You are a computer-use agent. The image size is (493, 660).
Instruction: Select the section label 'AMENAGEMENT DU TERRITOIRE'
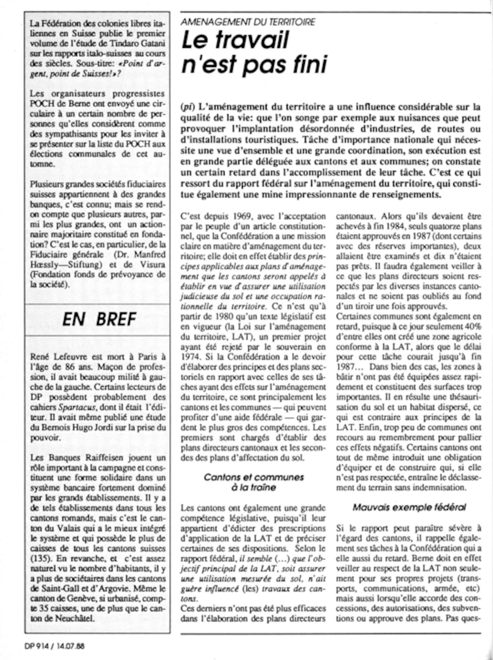[x=248, y=22]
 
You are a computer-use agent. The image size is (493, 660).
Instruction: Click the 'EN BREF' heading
[x=99, y=320]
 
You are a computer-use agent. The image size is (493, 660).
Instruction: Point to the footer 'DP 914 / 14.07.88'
[x=54, y=646]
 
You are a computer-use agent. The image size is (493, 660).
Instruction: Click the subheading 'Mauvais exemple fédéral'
[x=409, y=508]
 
